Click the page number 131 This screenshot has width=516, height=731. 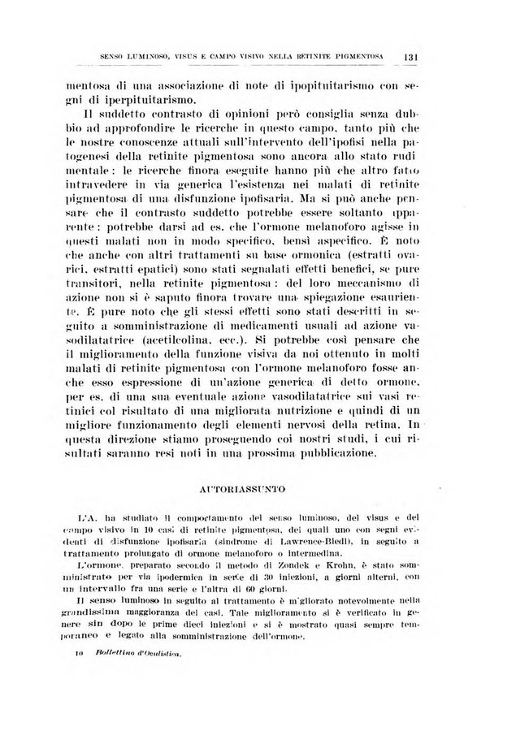coord(410,56)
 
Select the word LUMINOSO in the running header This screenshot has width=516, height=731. coord(140,56)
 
